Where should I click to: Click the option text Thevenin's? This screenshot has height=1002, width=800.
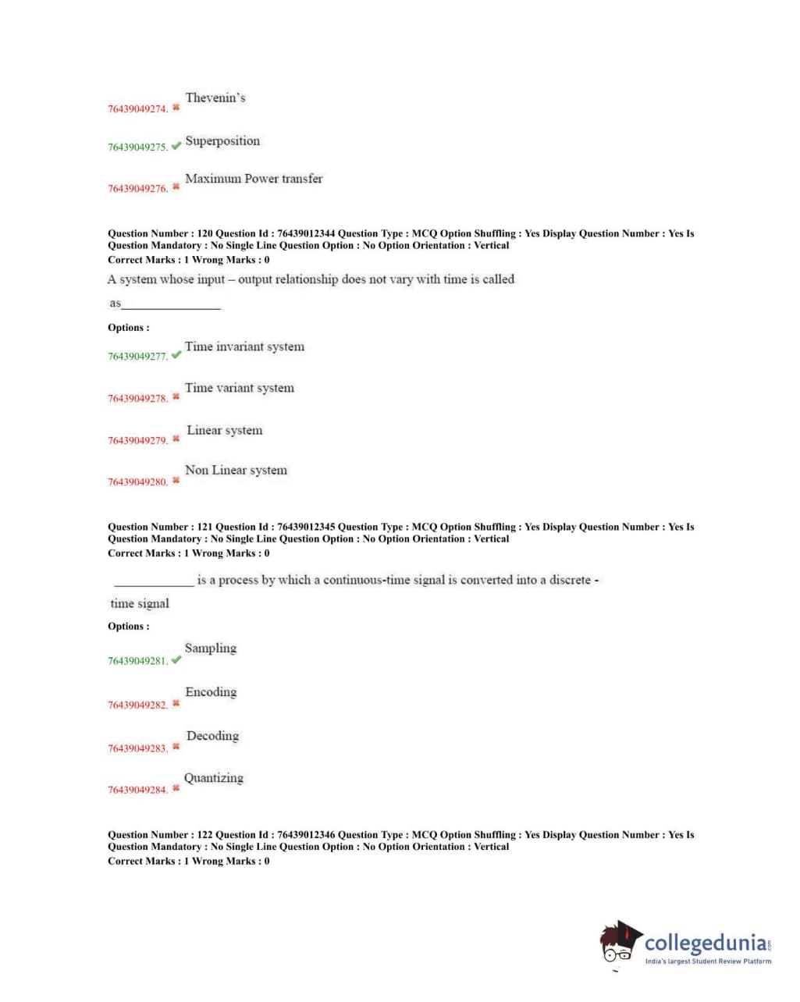tap(215, 98)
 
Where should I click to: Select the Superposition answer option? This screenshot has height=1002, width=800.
tap(222, 141)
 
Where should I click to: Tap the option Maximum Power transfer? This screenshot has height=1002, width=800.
tap(254, 179)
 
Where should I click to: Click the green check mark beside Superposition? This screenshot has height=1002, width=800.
tap(176, 145)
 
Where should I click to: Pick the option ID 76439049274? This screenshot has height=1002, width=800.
tap(137, 109)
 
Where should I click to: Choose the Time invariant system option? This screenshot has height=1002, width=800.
tap(244, 346)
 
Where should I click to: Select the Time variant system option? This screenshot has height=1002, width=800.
tap(240, 388)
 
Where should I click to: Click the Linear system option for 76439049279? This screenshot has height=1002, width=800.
tap(225, 431)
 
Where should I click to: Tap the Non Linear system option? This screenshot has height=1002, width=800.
tap(236, 471)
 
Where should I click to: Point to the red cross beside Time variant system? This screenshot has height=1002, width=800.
tap(176, 396)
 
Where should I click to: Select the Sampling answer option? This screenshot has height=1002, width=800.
tap(211, 648)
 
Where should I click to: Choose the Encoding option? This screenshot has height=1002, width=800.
tap(211, 692)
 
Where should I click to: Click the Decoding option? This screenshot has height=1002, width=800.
tap(212, 736)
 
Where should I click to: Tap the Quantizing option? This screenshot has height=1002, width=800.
tap(214, 778)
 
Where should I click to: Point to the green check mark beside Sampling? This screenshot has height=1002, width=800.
tap(176, 659)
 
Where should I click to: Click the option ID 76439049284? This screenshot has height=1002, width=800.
tap(137, 791)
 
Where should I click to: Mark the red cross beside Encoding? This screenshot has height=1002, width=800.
tap(176, 703)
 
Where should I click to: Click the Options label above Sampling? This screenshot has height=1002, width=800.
tap(129, 627)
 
